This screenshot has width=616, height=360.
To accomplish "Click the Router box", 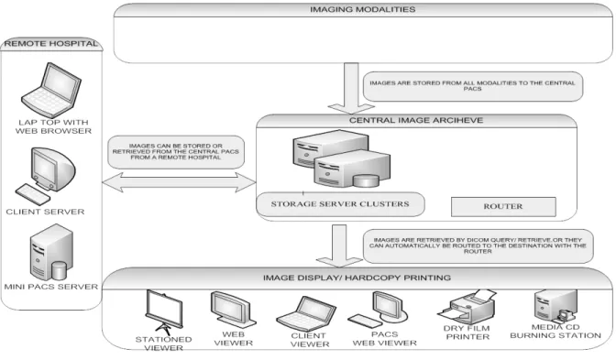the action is (x=503, y=206).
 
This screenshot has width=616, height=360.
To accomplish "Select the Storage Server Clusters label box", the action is (x=340, y=204).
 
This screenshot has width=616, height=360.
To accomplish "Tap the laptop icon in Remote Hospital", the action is (x=51, y=90).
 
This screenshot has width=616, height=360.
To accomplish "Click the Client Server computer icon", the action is (x=45, y=176).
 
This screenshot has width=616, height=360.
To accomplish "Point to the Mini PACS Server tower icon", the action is (x=51, y=252).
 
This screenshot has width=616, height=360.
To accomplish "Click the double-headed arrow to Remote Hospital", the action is (x=179, y=182).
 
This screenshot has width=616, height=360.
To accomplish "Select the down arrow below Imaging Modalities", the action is (x=351, y=88).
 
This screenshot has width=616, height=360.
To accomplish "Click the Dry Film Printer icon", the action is (x=467, y=308).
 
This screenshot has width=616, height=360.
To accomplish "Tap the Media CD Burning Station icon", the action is (x=555, y=306).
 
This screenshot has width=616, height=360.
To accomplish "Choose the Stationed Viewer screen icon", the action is (x=164, y=312).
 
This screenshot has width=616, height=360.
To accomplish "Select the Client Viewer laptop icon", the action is (x=306, y=313).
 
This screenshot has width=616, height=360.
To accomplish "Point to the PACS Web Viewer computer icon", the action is (x=378, y=310).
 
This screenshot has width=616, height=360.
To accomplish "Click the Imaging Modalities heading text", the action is (x=363, y=9).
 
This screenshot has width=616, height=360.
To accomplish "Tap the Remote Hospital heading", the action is (x=51, y=44).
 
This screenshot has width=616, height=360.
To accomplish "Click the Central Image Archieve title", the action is (x=416, y=120).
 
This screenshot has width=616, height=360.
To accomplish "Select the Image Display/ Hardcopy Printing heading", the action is (x=357, y=278).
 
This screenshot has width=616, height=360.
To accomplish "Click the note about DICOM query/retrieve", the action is (x=478, y=245).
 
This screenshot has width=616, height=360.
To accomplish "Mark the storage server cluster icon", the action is (x=341, y=158).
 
